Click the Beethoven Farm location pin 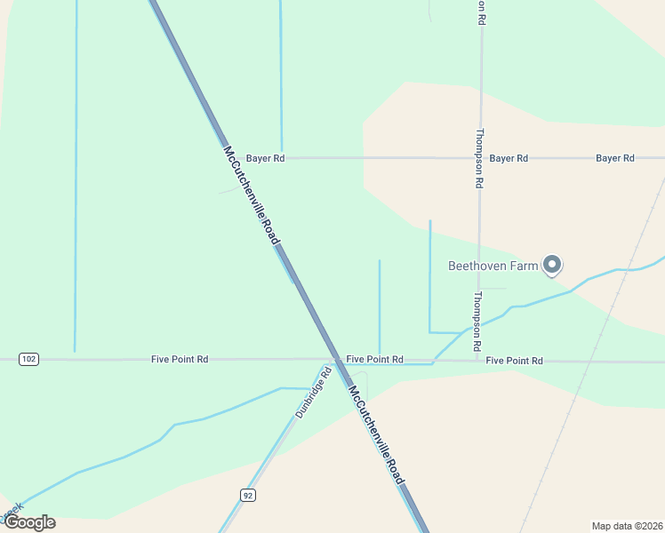(552, 264)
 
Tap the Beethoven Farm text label (493, 265)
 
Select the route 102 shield (28, 359)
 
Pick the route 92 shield (248, 495)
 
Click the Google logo (29, 522)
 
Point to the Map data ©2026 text (627, 526)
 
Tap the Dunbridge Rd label (314, 394)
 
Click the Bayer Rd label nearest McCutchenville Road (266, 158)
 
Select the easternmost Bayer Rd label (615, 158)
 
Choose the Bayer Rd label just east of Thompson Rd (509, 158)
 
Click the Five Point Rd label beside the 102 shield (180, 359)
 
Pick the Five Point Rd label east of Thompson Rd (514, 361)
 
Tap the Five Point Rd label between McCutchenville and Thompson (374, 359)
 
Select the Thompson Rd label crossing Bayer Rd (479, 158)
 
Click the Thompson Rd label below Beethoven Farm (478, 320)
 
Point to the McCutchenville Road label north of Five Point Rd (252, 195)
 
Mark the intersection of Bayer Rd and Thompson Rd (480, 158)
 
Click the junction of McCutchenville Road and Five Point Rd (335, 360)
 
